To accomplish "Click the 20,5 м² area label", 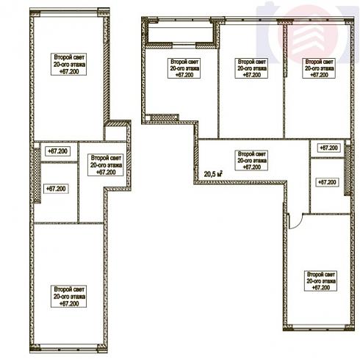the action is coord(213,174).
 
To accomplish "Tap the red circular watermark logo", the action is coord(308,35).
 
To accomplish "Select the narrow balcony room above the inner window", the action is coord(180,32).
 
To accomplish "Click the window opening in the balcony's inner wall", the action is coord(184,45).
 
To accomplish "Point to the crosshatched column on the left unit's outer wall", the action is coord(37,175).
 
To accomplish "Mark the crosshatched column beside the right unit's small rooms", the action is coord(348,170).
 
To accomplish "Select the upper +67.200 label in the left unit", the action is coord(57,151).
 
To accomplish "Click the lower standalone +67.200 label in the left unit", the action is coord(56,189).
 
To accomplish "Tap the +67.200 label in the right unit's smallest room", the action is coord(328,148).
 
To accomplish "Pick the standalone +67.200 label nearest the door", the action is coord(327,182).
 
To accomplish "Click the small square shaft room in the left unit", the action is coord(115,134).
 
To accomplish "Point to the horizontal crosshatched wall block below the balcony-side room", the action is coord(164,117).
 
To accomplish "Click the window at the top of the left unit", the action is coord(68,12).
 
